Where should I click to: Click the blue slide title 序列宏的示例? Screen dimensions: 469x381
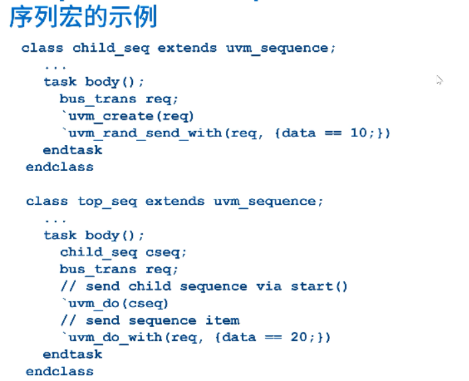tap(82, 16)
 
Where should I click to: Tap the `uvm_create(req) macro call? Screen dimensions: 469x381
tap(128, 116)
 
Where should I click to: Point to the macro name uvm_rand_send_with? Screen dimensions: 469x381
tap(145, 133)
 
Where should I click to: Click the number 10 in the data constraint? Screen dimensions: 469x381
tap(358, 133)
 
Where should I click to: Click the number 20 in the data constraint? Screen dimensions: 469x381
tap(298, 337)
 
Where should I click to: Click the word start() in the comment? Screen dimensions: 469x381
tap(319, 287)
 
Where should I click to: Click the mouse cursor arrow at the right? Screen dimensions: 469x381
tap(439, 80)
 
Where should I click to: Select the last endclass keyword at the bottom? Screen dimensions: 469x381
tap(60, 372)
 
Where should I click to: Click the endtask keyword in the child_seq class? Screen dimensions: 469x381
tap(73, 150)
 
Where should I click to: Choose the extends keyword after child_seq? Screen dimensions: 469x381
tap(187, 48)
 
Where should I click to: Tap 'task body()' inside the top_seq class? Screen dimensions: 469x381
tap(94, 235)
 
